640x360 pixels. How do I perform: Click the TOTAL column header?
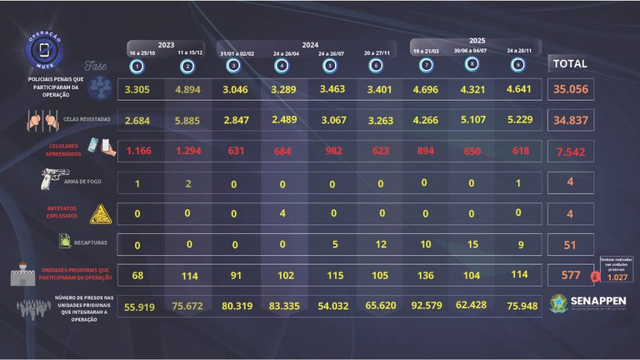[x=570, y=63]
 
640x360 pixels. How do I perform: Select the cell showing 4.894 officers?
[x=187, y=88]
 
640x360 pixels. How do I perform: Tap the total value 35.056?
[x=570, y=89]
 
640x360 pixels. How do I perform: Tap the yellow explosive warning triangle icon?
[x=99, y=214]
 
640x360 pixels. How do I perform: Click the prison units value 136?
[x=426, y=274]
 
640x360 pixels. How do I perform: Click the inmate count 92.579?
[x=426, y=305]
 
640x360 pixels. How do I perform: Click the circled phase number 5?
[x=331, y=65]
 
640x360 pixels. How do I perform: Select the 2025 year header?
[x=477, y=40]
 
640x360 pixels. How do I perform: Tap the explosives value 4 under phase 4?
[x=282, y=212]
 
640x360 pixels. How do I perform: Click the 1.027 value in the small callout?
[x=617, y=277]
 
